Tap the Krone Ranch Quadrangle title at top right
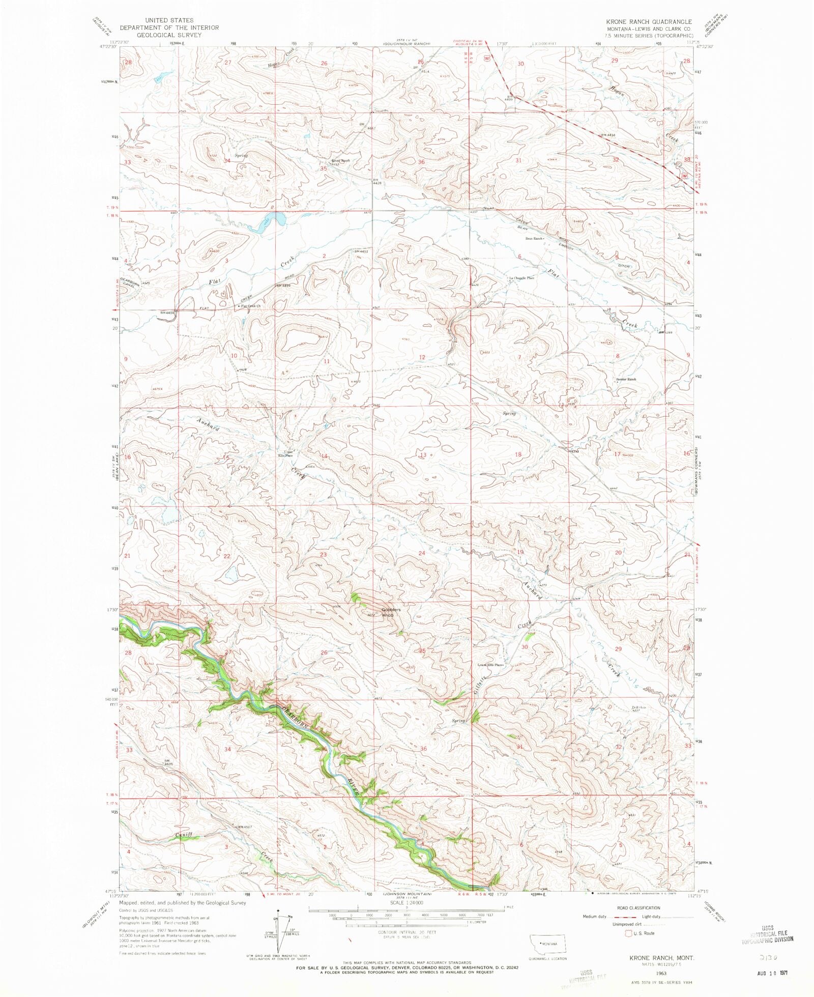click(649, 22)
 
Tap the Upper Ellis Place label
click(288, 453)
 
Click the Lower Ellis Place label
click(490, 665)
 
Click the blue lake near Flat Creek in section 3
click(268, 223)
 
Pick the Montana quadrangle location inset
click(547, 944)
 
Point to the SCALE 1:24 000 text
click(406, 902)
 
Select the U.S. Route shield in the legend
click(629, 933)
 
